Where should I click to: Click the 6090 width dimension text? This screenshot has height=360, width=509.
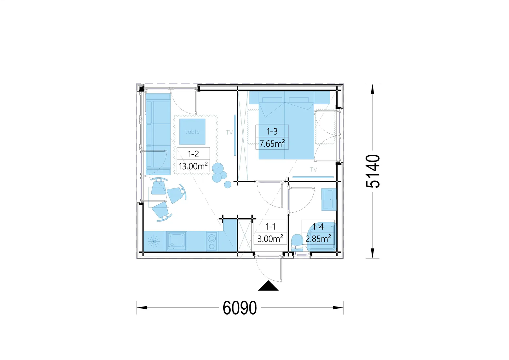(240, 308)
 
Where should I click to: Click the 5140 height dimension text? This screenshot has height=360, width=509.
(373, 171)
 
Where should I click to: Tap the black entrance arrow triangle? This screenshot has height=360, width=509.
(268, 286)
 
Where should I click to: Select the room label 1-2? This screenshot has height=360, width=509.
(193, 154)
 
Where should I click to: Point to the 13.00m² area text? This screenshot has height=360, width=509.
(193, 166)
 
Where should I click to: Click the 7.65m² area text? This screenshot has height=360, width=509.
(272, 144)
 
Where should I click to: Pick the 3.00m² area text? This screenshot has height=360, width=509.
(270, 238)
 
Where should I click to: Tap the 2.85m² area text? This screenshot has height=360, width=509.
(318, 238)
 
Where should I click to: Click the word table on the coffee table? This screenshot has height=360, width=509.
(192, 132)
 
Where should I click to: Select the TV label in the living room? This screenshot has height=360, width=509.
(229, 132)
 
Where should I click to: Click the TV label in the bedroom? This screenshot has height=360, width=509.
(314, 169)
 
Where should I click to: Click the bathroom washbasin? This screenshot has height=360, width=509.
(329, 200)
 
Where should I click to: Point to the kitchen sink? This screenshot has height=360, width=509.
(176, 241)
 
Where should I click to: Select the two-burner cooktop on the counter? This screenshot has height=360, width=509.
(212, 242)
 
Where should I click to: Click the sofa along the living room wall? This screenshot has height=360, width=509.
(158, 134)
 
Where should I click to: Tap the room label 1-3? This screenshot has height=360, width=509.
(272, 131)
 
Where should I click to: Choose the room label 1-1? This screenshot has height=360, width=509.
(270, 226)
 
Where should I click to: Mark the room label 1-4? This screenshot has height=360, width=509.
(318, 226)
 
